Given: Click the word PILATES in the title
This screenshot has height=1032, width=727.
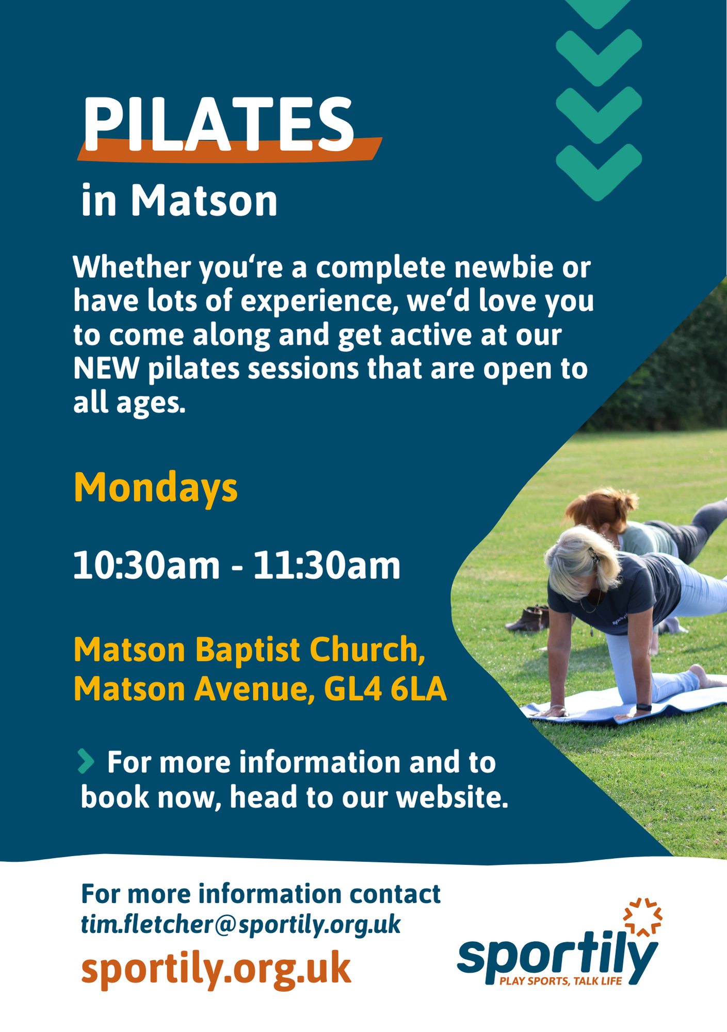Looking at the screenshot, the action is click(x=218, y=124).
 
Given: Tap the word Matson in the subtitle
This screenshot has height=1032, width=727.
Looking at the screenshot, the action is click(x=204, y=201).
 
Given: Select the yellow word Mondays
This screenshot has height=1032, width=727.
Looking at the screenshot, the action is click(x=156, y=488).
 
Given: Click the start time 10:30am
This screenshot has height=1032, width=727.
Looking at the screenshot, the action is click(x=147, y=566).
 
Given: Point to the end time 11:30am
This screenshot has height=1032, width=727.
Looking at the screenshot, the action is click(x=327, y=566).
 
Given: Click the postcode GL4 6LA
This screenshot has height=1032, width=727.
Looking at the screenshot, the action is click(x=385, y=689).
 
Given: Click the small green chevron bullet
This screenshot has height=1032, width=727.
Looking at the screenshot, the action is click(x=86, y=762).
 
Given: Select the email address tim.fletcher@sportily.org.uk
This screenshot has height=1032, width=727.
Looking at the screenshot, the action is click(x=240, y=924).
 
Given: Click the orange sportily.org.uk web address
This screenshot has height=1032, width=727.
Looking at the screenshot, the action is click(x=216, y=969).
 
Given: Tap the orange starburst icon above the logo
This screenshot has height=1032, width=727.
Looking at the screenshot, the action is click(x=643, y=917).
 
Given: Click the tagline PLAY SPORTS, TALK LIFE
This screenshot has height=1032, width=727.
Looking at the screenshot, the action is click(x=561, y=981).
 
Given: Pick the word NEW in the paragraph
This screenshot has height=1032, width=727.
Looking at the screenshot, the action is click(x=106, y=368).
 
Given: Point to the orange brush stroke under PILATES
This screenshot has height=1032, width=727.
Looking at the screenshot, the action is click(x=230, y=150).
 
